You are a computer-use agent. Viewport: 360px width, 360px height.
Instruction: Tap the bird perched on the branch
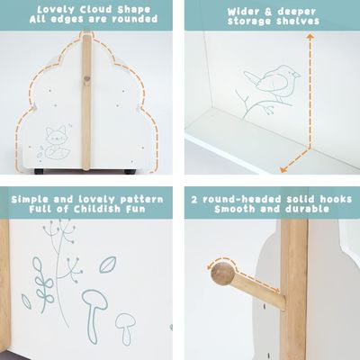tap(265, 84)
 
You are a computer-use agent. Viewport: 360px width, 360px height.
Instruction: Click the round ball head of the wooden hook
tap(222, 275)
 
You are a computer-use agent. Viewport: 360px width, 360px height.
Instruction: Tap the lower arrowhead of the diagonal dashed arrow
tap(283, 167)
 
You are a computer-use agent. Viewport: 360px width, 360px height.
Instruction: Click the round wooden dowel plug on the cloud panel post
tap(86, 79)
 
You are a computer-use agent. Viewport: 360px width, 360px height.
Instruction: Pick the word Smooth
tap(236, 210)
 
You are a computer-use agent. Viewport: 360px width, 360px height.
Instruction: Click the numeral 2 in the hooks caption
tap(195, 195)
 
